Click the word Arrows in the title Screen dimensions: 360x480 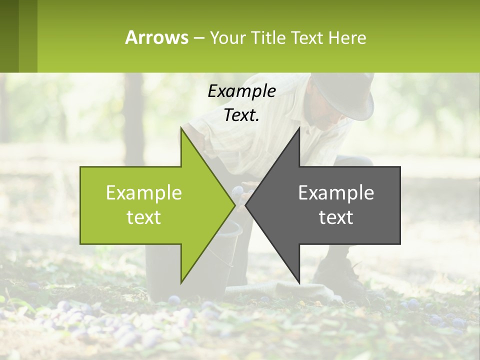click(x=157, y=37)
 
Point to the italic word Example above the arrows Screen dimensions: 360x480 click(x=241, y=91)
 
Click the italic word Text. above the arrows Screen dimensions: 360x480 click(x=241, y=115)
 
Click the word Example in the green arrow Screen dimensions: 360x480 click(x=144, y=192)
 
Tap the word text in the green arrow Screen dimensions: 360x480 click(x=144, y=217)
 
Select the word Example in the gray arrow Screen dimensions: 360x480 click(x=336, y=192)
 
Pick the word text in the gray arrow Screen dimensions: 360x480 click(x=336, y=217)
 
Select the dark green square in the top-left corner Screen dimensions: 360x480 click(x=9, y=36)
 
